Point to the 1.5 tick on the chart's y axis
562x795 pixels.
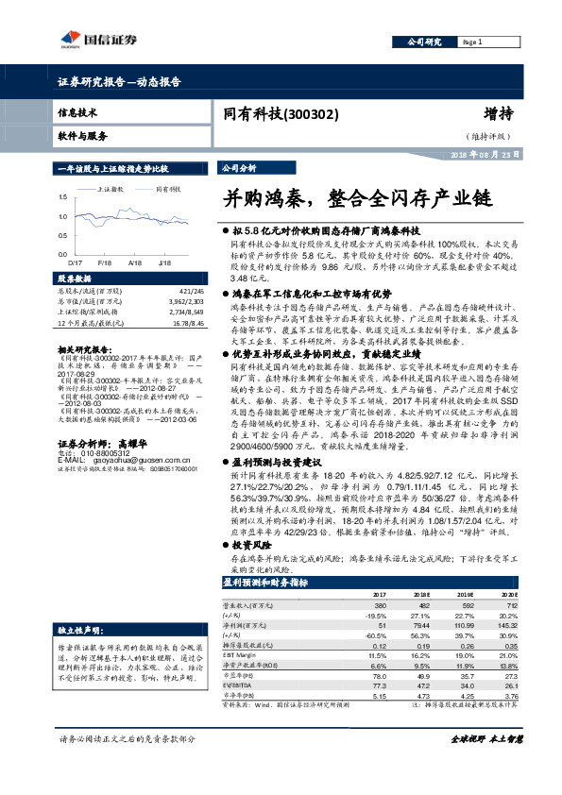coord(63,195)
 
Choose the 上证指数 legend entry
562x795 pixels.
coord(112,189)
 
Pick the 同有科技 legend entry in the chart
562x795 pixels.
coord(168,189)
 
